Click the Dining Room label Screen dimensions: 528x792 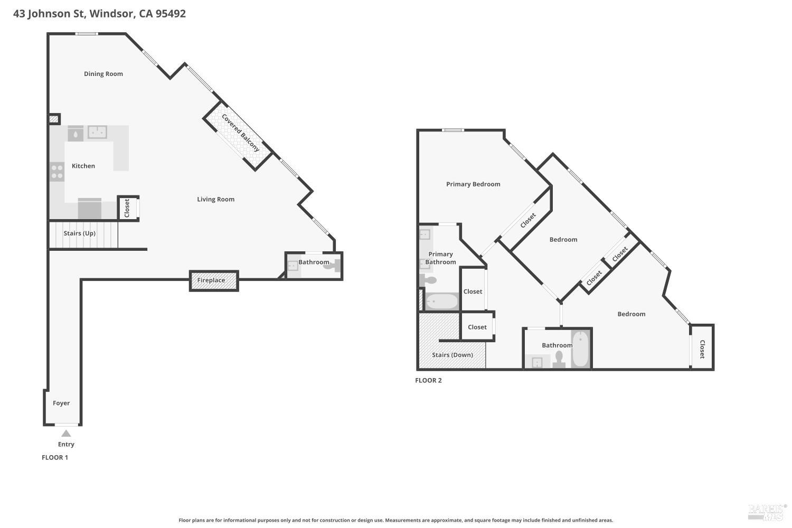click(x=103, y=74)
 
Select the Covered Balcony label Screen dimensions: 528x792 click(x=241, y=133)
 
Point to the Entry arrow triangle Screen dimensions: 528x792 click(x=66, y=433)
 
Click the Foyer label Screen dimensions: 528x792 click(x=61, y=403)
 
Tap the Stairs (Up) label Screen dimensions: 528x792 click(x=80, y=233)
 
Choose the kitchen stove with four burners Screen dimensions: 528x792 click(x=56, y=172)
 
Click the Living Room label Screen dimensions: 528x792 click(x=215, y=199)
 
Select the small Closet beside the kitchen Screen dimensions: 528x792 click(x=127, y=208)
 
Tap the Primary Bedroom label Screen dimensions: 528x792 click(x=473, y=184)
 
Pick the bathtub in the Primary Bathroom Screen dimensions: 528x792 click(x=442, y=301)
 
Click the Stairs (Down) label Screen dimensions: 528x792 click(x=452, y=355)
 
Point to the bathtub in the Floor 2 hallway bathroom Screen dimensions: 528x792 click(x=580, y=348)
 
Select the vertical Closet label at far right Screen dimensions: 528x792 click(x=702, y=349)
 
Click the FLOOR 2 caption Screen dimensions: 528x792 click(x=428, y=380)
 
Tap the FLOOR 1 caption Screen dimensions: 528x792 click(x=55, y=457)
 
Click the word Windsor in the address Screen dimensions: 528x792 click(x=111, y=14)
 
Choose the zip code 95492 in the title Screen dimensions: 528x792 click(x=171, y=14)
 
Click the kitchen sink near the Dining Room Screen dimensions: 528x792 click(x=97, y=131)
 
